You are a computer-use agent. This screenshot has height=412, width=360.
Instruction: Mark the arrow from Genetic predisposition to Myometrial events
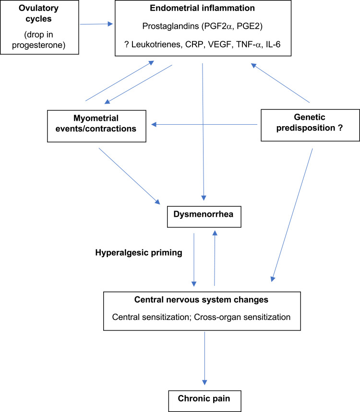coord(205,125)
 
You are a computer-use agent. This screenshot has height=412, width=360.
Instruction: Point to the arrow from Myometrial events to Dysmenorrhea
coord(129,176)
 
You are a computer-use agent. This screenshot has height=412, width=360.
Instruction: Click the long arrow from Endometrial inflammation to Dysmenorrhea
coord(204,134)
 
